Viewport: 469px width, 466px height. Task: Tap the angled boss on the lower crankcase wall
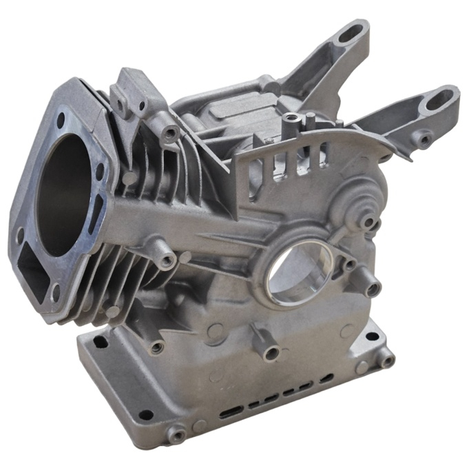click(270, 352)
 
